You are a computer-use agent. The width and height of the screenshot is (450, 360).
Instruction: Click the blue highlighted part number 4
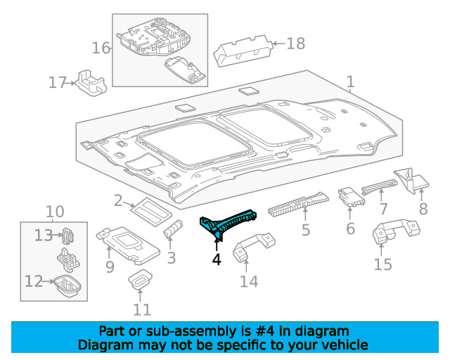point(226,223)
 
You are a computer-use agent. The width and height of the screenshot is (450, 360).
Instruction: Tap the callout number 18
point(296,44)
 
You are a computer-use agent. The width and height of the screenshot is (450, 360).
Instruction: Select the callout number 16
point(101,49)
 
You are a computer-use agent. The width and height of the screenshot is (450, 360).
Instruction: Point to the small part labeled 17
point(91,82)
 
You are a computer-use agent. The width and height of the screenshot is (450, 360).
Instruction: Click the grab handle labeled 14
point(252,246)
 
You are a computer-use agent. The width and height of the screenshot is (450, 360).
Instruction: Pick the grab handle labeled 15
point(395,231)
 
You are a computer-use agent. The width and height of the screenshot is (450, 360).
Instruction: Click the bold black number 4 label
point(217,259)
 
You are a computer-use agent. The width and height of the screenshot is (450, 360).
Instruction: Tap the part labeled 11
point(140,278)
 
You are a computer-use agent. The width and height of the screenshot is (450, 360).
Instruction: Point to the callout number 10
point(55,212)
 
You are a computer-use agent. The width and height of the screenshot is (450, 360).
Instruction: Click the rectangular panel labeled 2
point(151,211)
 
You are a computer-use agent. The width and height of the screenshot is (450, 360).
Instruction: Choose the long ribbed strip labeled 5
point(298,204)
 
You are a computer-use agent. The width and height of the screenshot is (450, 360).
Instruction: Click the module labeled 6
point(352,197)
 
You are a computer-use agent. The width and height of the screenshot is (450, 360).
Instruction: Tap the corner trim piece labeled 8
point(411,180)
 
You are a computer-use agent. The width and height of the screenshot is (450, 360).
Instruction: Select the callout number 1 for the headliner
point(350,82)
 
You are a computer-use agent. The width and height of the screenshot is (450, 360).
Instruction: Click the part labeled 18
point(243,51)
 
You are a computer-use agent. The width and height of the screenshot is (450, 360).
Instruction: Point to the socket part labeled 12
point(67,285)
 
